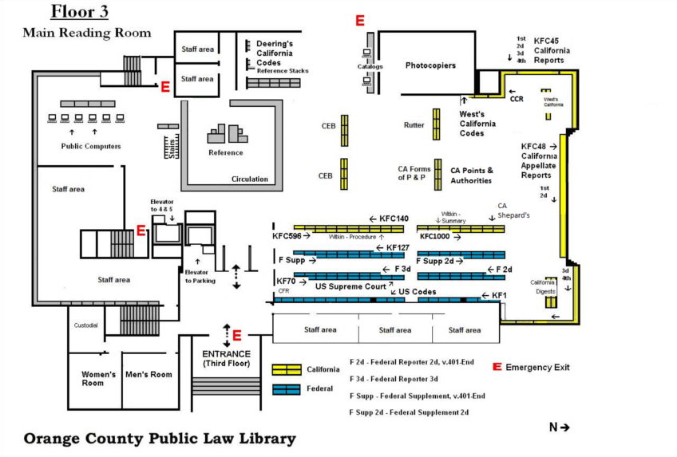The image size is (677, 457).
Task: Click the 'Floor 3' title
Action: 80,12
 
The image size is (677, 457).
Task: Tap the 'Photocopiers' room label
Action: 431,65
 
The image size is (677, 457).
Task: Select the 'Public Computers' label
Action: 91,147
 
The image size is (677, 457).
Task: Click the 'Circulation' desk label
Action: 250,179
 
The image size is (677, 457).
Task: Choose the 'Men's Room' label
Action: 149,375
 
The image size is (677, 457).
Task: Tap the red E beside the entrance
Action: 236,336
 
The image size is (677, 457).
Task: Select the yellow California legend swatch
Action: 287,370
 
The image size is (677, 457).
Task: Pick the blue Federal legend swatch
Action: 287,389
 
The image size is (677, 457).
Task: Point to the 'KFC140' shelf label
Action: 394,219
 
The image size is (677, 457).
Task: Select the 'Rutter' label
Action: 414,125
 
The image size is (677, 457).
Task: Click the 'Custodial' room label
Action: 85,325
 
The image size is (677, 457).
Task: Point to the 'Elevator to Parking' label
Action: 200,276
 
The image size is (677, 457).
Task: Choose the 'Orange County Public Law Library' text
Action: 159,439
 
